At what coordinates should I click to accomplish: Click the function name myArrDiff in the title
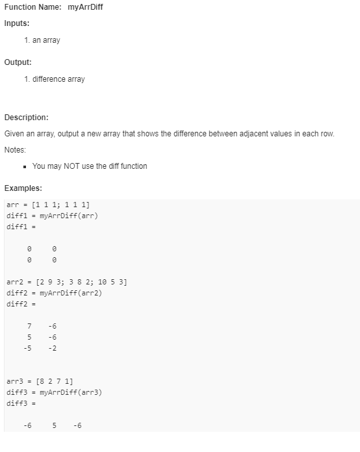(x=85, y=7)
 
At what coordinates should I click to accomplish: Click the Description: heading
(x=27, y=118)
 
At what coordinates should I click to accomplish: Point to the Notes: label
(x=15, y=150)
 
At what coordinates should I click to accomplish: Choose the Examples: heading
(x=23, y=188)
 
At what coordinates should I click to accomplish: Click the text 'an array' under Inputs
(x=46, y=40)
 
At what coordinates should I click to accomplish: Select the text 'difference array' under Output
(x=58, y=79)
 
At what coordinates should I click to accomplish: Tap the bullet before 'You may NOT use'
(x=24, y=166)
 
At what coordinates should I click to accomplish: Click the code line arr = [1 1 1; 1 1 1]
(x=48, y=205)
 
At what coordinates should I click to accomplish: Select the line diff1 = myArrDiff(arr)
(x=52, y=216)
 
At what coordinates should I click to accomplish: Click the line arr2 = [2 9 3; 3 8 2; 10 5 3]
(x=66, y=282)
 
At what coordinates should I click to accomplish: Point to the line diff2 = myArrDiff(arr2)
(x=55, y=293)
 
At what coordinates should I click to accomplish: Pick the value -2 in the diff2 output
(x=52, y=348)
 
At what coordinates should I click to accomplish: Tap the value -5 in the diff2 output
(x=28, y=348)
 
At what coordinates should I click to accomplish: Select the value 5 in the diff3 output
(x=55, y=426)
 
